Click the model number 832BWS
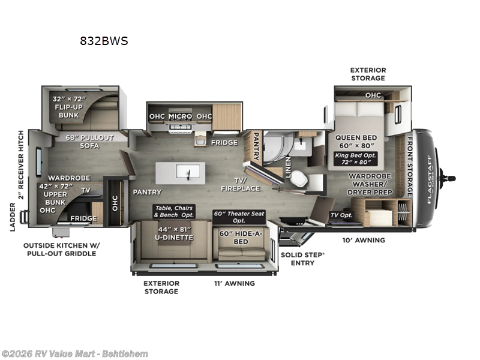pos(104,41)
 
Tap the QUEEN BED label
pos(356,138)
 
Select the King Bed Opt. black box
pos(355,158)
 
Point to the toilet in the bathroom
pos(299,178)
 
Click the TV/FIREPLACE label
pos(241,184)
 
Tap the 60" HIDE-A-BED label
pos(241,238)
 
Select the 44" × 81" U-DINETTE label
pos(174,233)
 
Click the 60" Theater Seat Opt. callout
pos(239,217)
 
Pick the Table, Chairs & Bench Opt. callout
pos(174,212)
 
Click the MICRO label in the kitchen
pos(181,116)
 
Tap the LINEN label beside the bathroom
pos(288,167)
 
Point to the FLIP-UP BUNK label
pos(68,111)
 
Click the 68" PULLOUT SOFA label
pos(89,142)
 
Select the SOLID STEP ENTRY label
pos(302,259)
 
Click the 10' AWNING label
pos(364,241)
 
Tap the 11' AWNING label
pos(235,283)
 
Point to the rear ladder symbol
pos(24,217)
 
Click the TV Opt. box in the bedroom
pos(341,215)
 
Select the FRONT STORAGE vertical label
pos(410,167)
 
